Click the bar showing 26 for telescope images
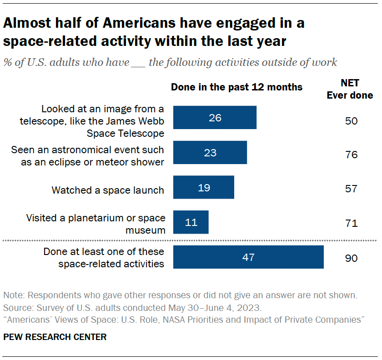[215, 118]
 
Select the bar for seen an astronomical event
[210, 152]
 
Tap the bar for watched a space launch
[203, 187]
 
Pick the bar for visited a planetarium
[191, 222]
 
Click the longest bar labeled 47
[248, 257]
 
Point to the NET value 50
[351, 120]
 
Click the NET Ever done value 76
[351, 155]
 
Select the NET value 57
[351, 189]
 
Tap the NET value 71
[351, 223]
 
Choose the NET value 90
[351, 258]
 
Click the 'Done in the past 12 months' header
[236, 87]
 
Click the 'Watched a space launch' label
[108, 190]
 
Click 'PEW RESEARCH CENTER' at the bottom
[55, 337]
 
